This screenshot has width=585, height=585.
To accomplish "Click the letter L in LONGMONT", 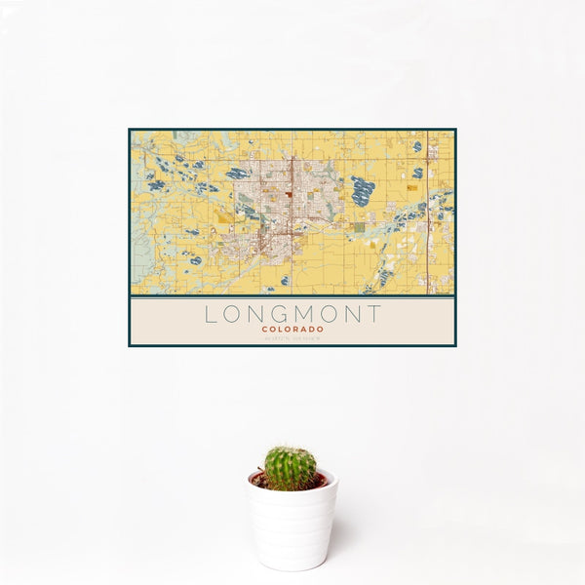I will pos(210,314).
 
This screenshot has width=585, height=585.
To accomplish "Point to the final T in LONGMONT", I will pos(374,314).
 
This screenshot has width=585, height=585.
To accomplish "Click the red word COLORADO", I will pos(292,330).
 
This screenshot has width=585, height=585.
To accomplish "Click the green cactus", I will pos(291,468).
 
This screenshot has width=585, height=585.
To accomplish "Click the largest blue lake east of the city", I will pos(363,190).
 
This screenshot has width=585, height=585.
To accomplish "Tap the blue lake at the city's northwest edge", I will pos(237,174).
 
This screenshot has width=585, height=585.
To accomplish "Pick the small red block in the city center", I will pos(289,193).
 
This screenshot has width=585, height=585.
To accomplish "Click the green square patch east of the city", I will pos(359,227).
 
